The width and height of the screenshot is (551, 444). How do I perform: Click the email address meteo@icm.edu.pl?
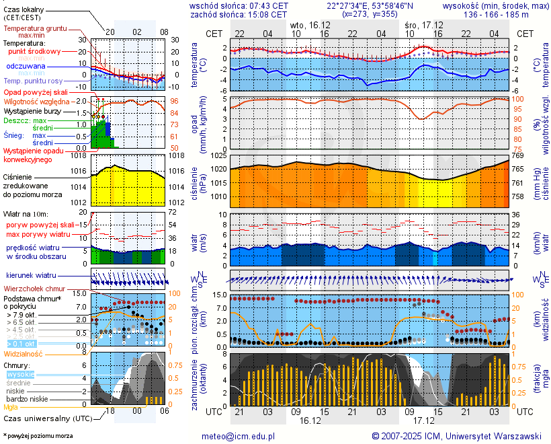point(239,436)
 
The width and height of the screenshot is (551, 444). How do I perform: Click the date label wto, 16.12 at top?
point(308,24)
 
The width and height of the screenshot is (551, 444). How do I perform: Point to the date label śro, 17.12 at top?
point(423,24)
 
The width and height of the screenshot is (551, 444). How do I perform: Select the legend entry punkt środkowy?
point(34,51)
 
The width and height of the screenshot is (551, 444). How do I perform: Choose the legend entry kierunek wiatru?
point(31,276)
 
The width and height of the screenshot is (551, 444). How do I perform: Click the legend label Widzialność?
point(24,353)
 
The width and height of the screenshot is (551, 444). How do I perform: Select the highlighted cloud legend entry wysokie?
point(21,374)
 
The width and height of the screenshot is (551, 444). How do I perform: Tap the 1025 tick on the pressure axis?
point(219,156)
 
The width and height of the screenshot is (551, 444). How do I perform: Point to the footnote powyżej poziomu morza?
point(38,436)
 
